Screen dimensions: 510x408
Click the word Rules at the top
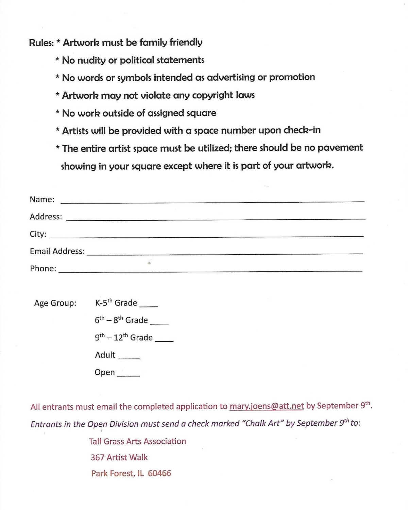point(41,43)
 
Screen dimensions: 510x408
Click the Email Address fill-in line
point(225,253)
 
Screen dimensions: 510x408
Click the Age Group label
point(55,303)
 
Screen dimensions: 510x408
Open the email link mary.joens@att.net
point(267,406)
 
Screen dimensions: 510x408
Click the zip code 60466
point(159,473)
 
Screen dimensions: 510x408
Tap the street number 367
point(97,457)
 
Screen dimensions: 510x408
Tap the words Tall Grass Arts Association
point(137,441)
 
